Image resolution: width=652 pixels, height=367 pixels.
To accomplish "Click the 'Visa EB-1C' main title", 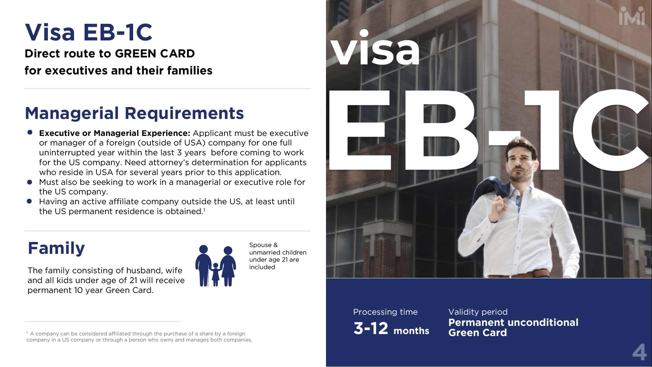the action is pos(89,33).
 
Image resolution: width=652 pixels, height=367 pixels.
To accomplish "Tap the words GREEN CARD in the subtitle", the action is pos(155,54).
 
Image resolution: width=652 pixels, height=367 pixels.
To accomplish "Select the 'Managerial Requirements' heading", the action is pos(134,113).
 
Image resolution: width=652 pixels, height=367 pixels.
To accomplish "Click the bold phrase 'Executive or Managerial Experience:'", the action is pos(114,133).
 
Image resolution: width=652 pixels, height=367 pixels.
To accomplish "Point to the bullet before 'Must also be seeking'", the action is pos(30,182).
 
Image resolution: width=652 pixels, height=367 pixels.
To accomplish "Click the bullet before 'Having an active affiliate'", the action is pos(29,201).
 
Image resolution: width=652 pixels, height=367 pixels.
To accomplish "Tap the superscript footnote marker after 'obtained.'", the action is pos(204,209).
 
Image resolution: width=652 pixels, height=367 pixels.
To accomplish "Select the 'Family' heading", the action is pos(56,248).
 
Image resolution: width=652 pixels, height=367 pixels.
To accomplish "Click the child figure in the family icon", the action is pos(215,274).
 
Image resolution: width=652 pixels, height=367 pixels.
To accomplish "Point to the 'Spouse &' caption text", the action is pos(264,245).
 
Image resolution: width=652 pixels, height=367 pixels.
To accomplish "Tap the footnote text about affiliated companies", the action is pos(140,337).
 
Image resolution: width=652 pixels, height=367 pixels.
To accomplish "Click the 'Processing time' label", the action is pos(385,312).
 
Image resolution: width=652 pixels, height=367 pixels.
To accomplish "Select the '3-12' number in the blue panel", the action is pos(371,329).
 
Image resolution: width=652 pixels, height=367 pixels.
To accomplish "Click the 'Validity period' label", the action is pos(478,312).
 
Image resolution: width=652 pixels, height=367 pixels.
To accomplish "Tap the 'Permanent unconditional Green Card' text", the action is pos(513,328).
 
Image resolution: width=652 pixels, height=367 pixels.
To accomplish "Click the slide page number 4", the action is pos(639,352).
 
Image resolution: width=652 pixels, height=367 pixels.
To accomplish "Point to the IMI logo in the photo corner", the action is pos(632,16).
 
